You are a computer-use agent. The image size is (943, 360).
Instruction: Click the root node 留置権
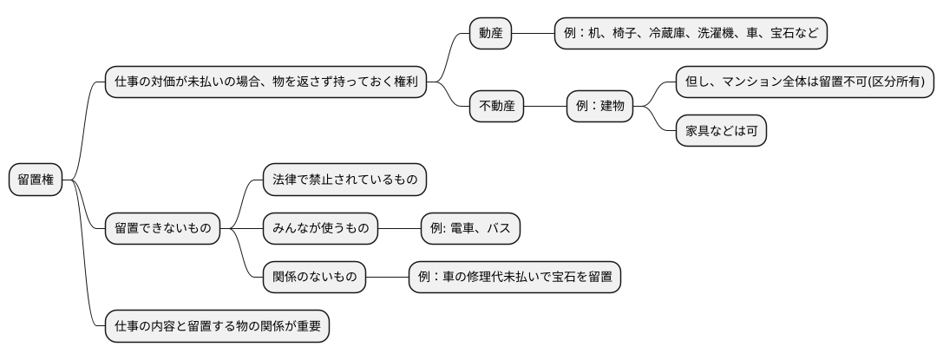[36, 180]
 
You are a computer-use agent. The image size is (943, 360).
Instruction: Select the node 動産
[490, 33]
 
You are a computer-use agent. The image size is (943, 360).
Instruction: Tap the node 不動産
[496, 107]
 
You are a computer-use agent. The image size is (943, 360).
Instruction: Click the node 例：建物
[599, 107]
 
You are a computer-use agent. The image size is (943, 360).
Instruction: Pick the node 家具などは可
[721, 131]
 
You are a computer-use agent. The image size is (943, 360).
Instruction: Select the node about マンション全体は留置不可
[806, 82]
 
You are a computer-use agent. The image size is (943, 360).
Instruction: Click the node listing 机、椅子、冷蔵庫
[691, 33]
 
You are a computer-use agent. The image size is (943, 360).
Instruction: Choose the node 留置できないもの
[161, 229]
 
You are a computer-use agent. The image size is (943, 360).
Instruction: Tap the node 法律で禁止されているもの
[344, 180]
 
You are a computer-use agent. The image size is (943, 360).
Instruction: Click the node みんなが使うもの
[321, 229]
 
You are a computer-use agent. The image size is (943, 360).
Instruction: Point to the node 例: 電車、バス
[470, 229]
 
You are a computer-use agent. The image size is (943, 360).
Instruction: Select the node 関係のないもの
[314, 278]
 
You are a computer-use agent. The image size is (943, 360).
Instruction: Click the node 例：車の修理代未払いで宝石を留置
[514, 278]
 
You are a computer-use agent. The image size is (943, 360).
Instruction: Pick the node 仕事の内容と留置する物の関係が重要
[216, 327]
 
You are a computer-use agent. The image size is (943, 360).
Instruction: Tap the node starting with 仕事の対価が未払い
[265, 82]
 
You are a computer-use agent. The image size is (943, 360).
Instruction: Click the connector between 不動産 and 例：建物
[545, 107]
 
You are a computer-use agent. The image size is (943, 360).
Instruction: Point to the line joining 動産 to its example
[533, 33]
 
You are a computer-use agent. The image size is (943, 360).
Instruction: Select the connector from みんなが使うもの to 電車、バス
[399, 229]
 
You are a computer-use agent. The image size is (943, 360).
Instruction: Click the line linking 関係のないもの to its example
[387, 278]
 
